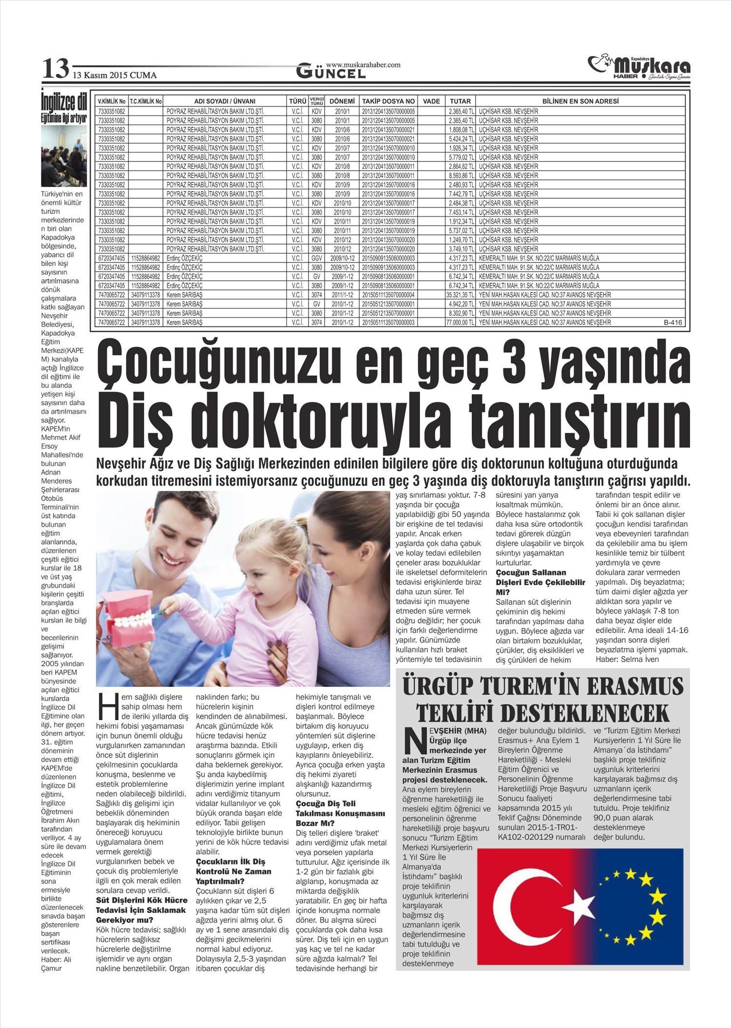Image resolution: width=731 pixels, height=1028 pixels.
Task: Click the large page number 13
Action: (x=55, y=69)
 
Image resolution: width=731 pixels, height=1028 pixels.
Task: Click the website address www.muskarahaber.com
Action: (x=363, y=64)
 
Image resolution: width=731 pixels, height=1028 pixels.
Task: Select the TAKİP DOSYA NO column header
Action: (x=388, y=101)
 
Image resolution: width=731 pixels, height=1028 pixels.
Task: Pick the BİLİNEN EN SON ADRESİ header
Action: (x=580, y=101)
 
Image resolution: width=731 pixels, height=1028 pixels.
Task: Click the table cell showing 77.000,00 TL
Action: (x=460, y=322)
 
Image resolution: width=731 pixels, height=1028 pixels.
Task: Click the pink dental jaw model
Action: (x=129, y=618)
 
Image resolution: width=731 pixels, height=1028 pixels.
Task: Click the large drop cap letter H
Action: (x=107, y=707)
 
